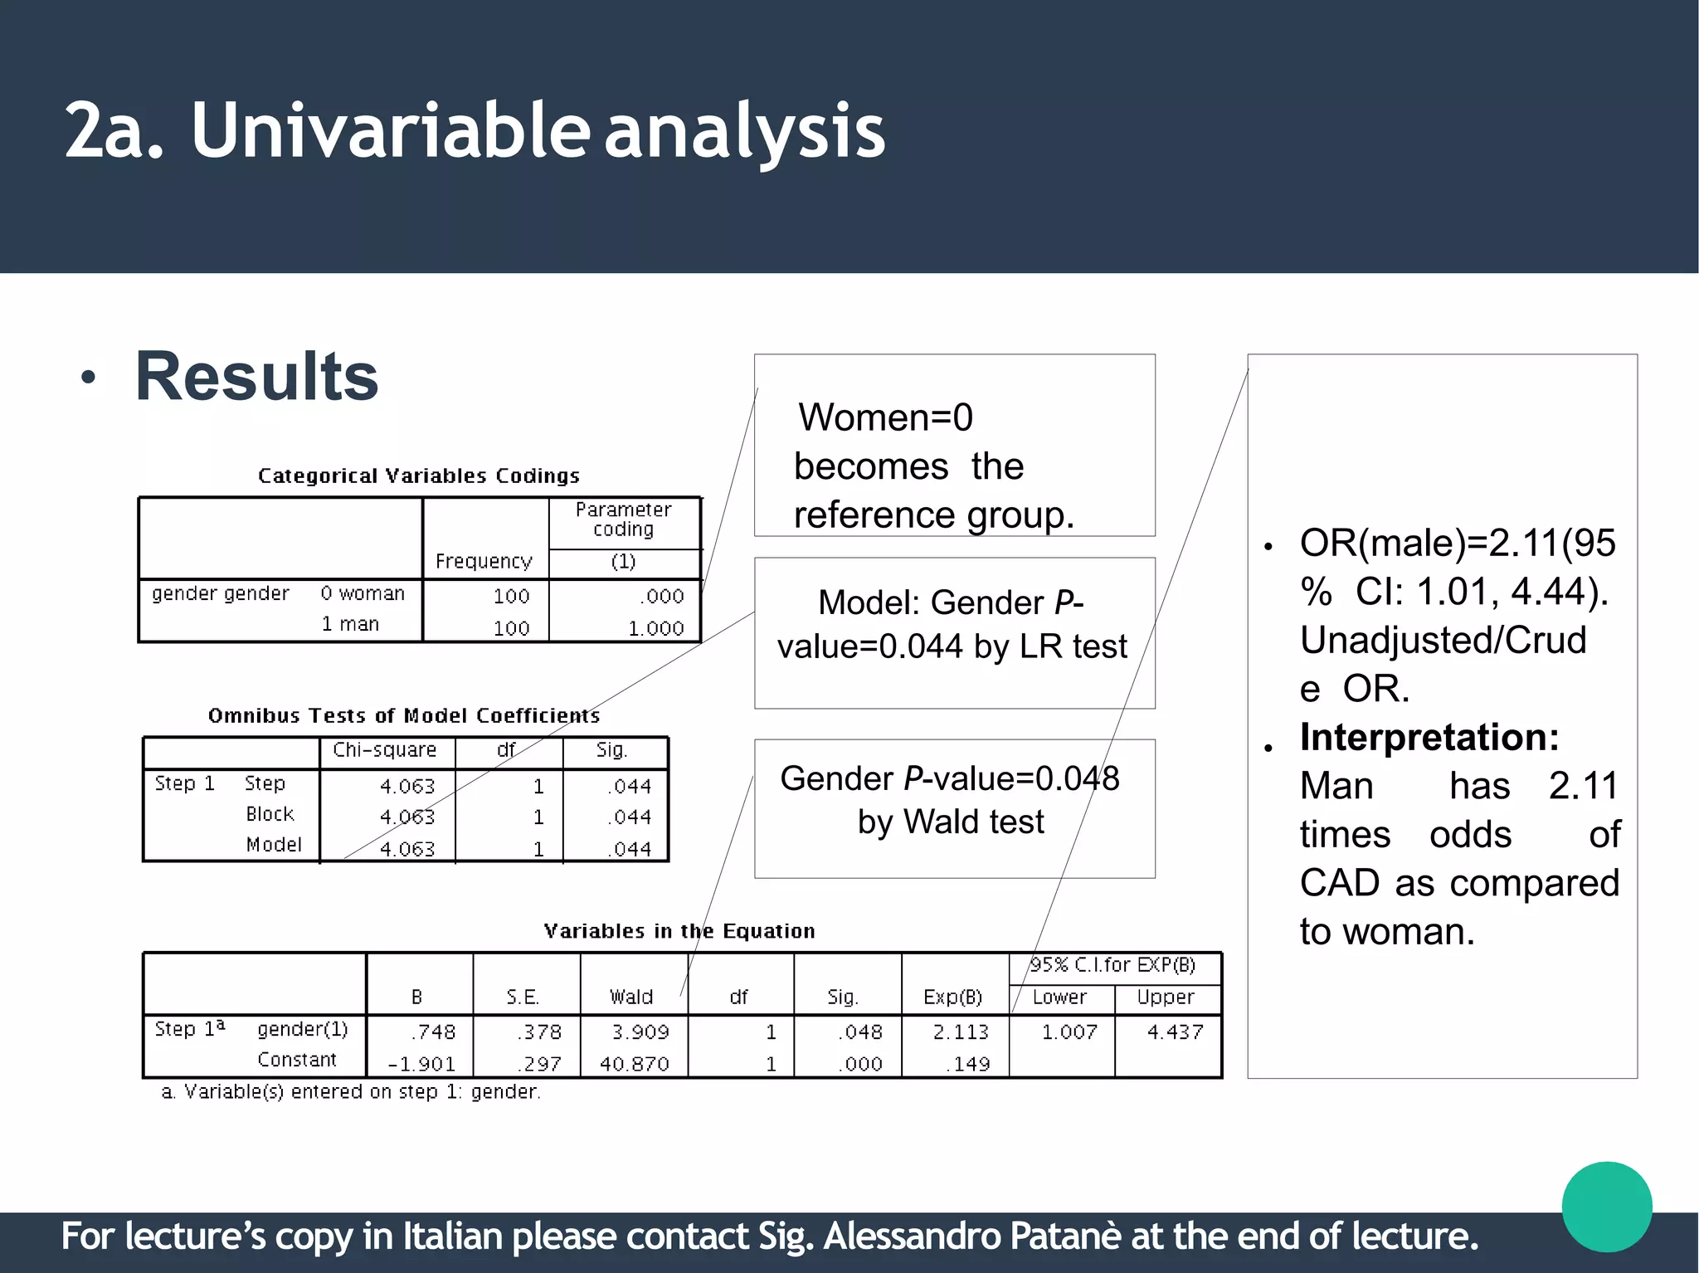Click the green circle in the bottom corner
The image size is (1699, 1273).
pyautogui.click(x=1606, y=1207)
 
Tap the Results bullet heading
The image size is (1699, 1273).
pyautogui.click(x=256, y=377)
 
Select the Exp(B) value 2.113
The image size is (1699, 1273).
pyautogui.click(x=961, y=1032)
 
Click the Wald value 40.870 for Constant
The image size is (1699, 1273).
pyautogui.click(x=634, y=1063)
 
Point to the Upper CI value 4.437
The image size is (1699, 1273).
pyautogui.click(x=1175, y=1032)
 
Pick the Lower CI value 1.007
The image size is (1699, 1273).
pyautogui.click(x=1069, y=1032)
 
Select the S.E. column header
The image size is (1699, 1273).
pyautogui.click(x=523, y=997)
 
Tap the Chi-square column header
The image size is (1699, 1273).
pyautogui.click(x=384, y=749)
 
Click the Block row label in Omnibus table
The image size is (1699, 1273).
pyautogui.click(x=270, y=814)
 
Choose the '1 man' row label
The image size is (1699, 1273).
pyautogui.click(x=350, y=624)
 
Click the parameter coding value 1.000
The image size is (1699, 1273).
pyautogui.click(x=655, y=628)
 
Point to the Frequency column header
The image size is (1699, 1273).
pyautogui.click(x=484, y=561)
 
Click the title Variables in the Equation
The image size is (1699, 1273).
pyautogui.click(x=679, y=930)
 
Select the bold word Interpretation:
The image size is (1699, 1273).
pyautogui.click(x=1429, y=737)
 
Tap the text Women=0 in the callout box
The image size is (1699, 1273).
pyautogui.click(x=885, y=417)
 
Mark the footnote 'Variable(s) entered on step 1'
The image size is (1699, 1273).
pyautogui.click(x=350, y=1091)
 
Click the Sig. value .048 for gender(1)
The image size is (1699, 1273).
pyautogui.click(x=859, y=1032)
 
